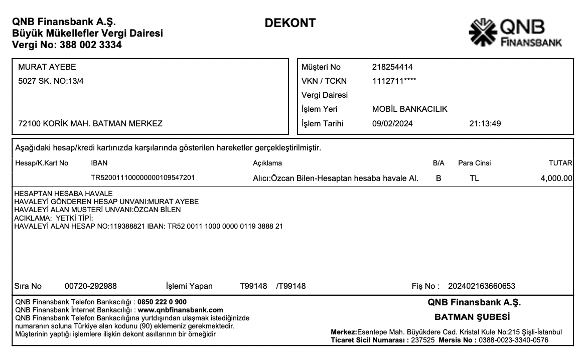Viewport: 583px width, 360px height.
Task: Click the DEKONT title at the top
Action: click(x=290, y=23)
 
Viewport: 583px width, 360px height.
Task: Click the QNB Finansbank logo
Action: click(x=515, y=33)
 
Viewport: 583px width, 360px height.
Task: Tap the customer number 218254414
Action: click(x=392, y=67)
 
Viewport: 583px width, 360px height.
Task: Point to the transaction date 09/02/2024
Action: click(x=392, y=123)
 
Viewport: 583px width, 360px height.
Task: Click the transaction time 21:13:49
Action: click(x=485, y=123)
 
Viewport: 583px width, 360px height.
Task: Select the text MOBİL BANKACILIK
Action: click(x=409, y=109)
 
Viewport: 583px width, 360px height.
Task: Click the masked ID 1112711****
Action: click(x=394, y=81)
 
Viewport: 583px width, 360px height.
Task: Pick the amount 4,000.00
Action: click(x=556, y=178)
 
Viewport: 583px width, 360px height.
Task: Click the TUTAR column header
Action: click(x=560, y=163)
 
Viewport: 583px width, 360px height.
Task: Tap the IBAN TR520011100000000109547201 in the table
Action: click(x=142, y=178)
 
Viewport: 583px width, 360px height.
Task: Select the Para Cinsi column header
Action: click(x=474, y=163)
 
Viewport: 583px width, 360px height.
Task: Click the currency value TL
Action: click(x=474, y=178)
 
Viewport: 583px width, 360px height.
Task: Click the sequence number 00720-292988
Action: click(x=91, y=286)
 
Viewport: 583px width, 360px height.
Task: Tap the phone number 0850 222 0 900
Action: click(x=162, y=302)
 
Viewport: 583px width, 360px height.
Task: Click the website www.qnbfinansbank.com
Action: click(x=180, y=310)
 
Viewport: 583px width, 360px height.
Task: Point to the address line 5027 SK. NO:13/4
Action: click(x=51, y=81)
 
